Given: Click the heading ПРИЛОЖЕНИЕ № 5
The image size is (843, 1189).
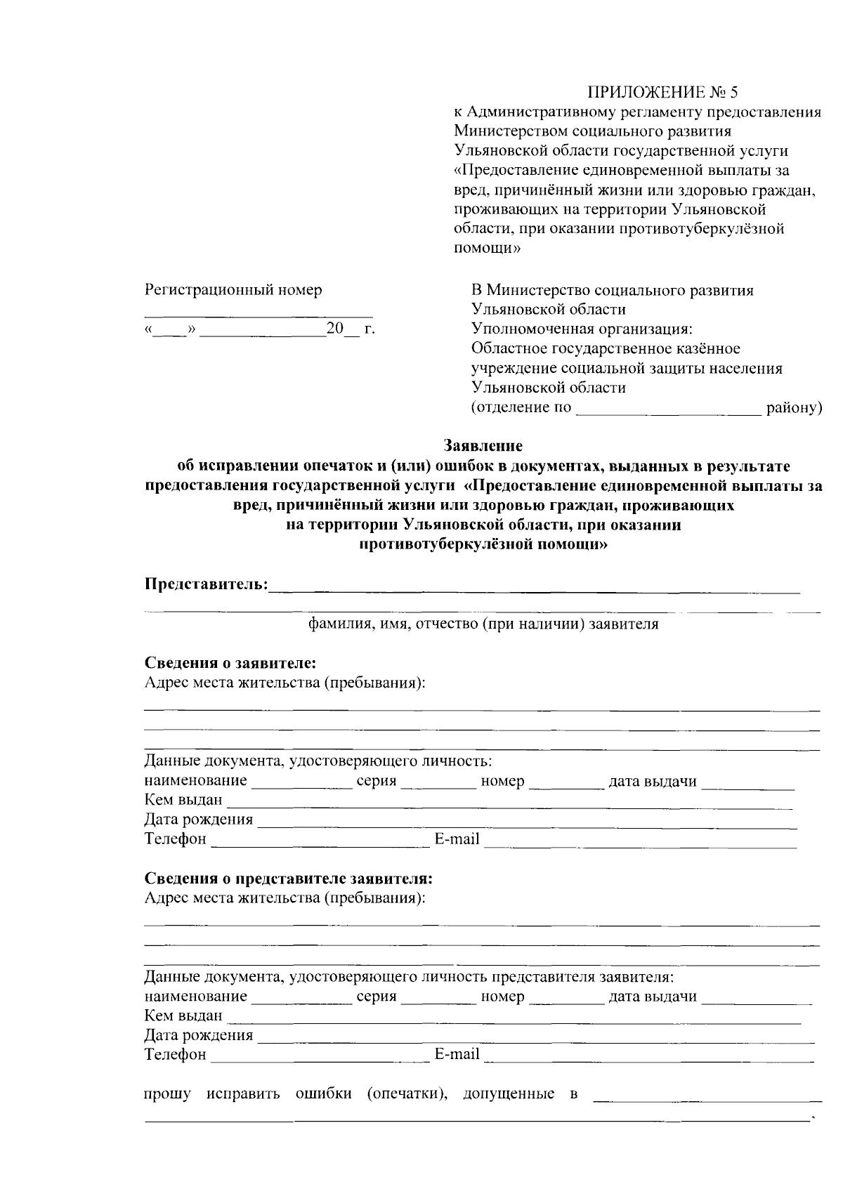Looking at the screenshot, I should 663,92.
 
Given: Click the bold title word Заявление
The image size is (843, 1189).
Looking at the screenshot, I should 483,445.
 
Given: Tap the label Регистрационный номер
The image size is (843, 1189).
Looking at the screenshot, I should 233,289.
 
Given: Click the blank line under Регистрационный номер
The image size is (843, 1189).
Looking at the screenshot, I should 259,315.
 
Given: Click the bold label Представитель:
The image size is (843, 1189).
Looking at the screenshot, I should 206,584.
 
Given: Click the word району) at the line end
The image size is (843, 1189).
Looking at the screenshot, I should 794,408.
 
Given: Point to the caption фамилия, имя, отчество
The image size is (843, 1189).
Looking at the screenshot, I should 484,624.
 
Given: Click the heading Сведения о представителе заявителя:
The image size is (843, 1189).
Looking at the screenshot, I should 288,878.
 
